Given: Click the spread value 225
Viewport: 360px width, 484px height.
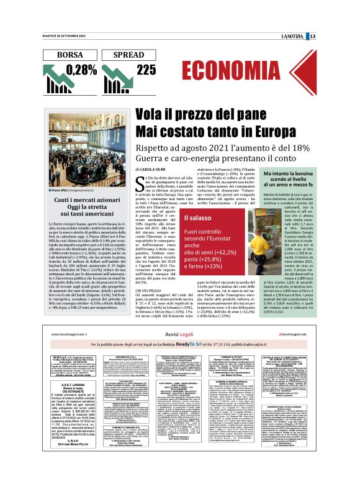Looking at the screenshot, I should coord(146,70).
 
